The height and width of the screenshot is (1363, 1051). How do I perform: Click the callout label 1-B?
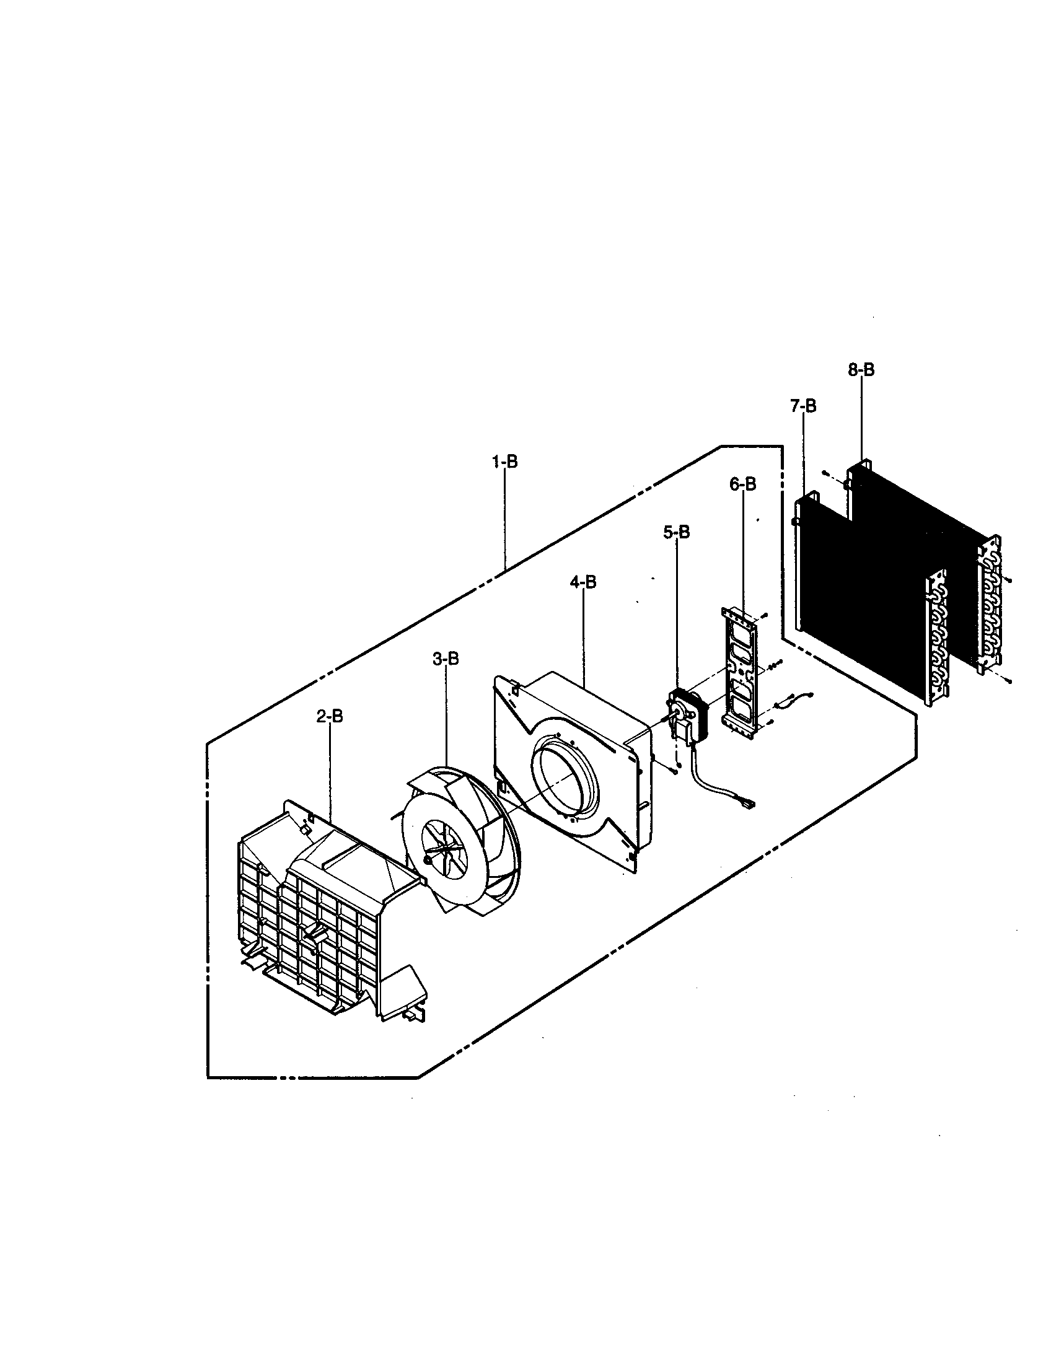coord(504,462)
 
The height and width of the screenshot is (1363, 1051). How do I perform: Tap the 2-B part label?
coord(329,716)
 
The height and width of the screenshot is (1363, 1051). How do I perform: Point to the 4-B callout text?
coord(583,582)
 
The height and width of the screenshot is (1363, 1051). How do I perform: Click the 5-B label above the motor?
coord(677,532)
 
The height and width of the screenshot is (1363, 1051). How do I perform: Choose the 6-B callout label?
coord(742,484)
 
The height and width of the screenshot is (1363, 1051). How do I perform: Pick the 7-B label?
coord(803,406)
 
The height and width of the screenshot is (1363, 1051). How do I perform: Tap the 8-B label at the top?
coord(861,370)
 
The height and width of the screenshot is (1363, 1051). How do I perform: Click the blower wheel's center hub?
coord(426,860)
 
